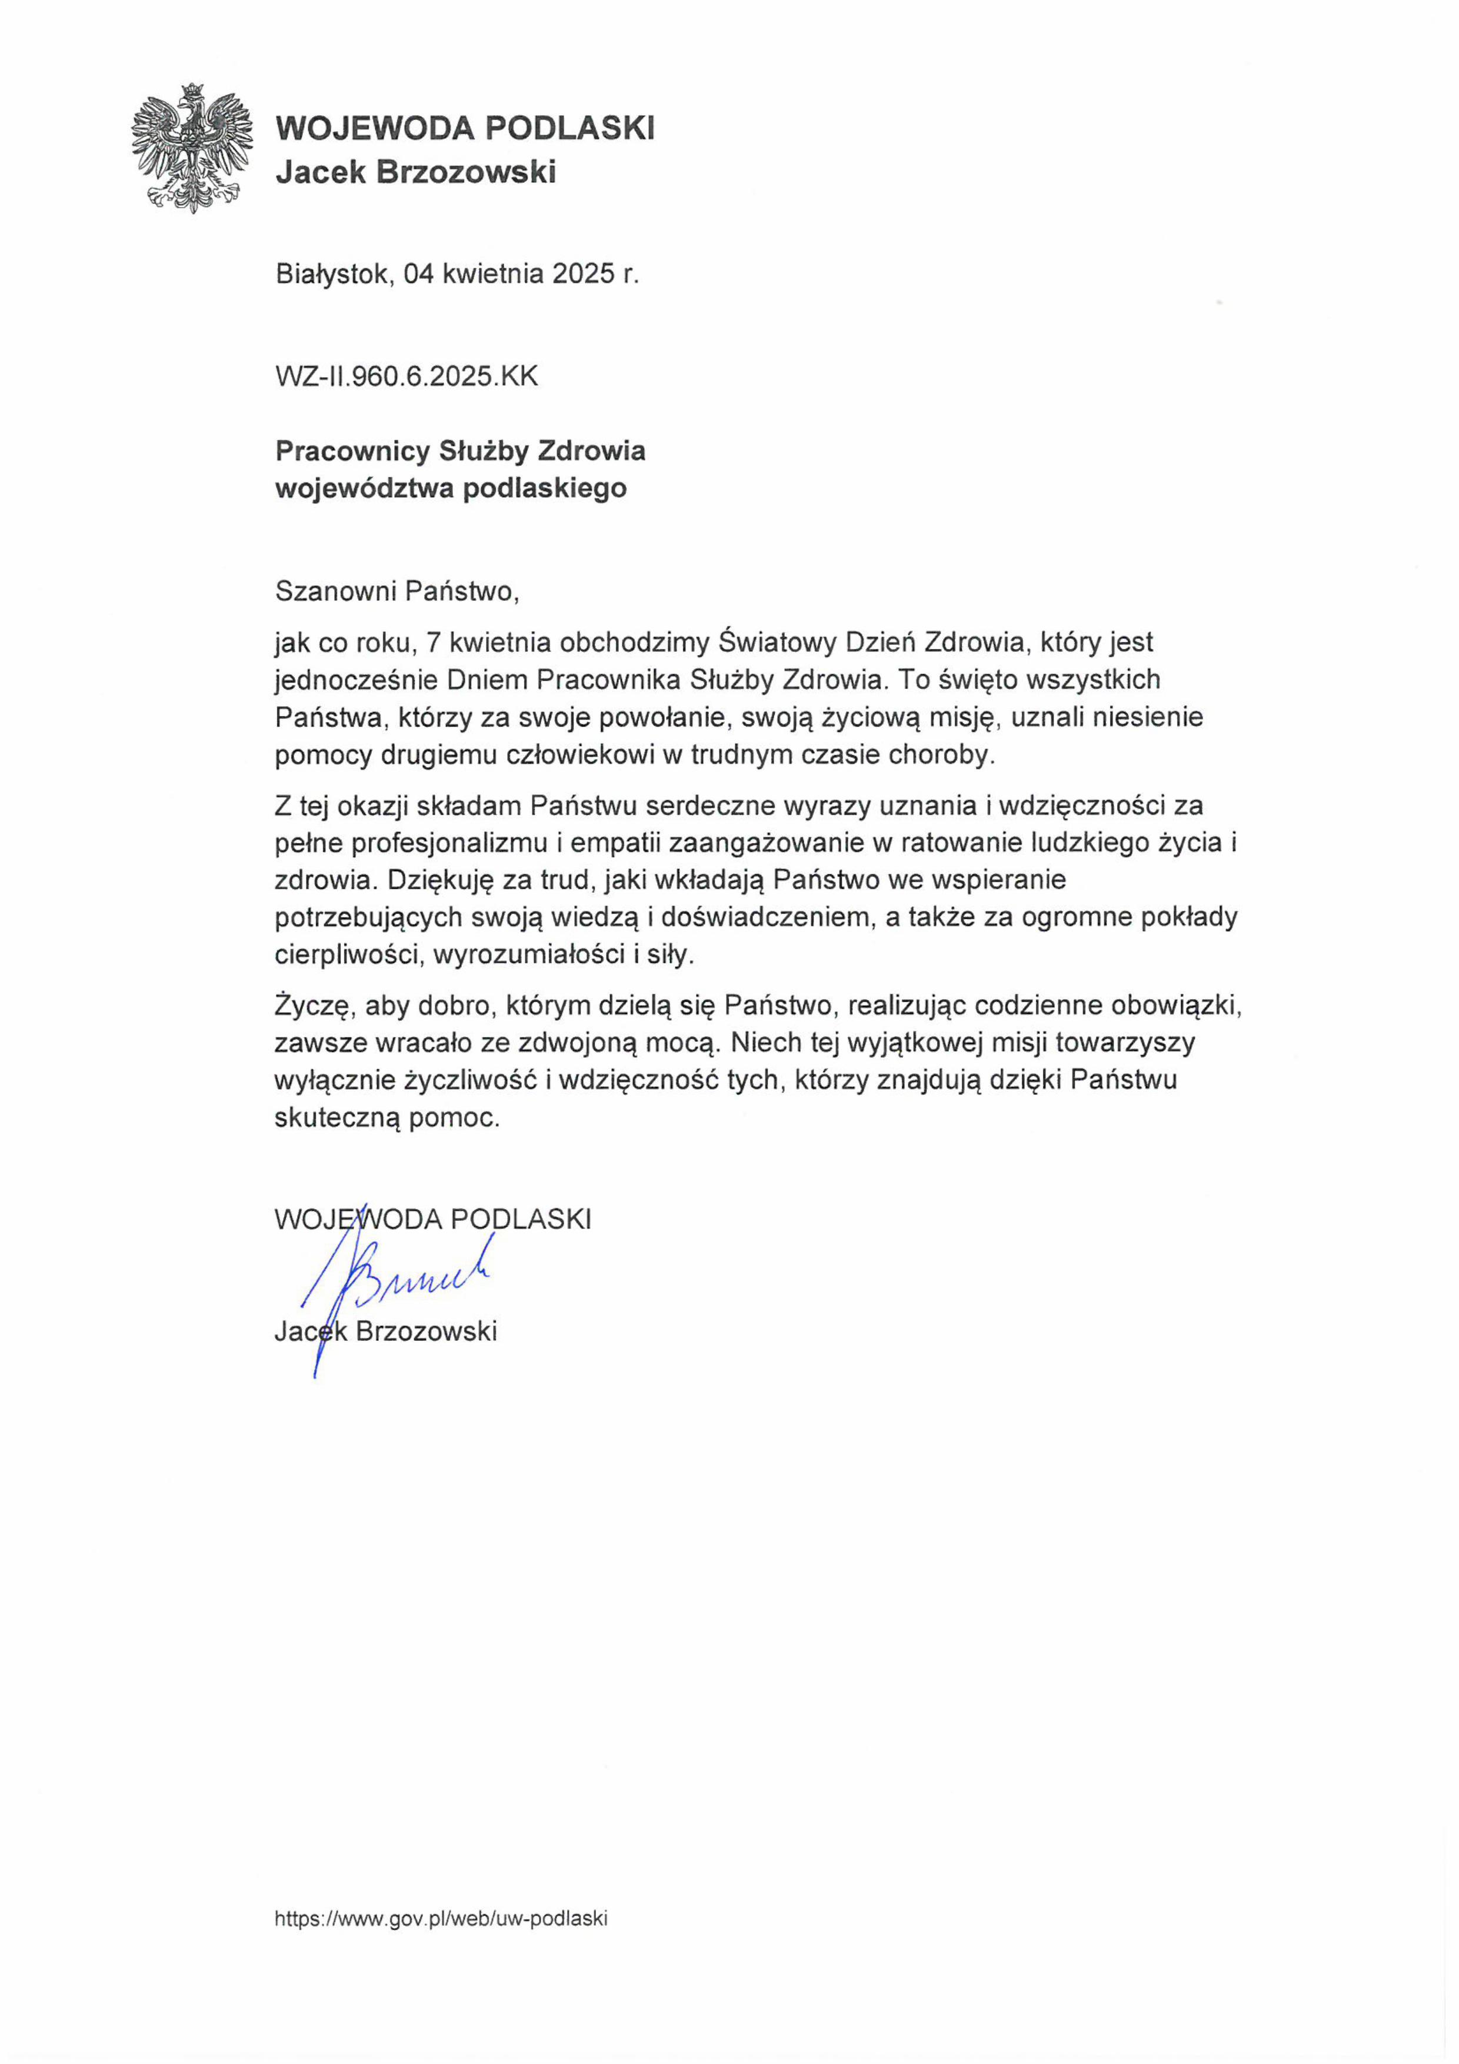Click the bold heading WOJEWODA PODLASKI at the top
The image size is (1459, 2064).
[465, 128]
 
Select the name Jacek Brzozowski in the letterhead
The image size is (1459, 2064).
[415, 172]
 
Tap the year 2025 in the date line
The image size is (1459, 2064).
[582, 273]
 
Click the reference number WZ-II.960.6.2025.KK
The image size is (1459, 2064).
[407, 376]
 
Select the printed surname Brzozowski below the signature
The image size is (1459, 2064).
[426, 1330]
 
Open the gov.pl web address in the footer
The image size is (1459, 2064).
[441, 1917]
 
